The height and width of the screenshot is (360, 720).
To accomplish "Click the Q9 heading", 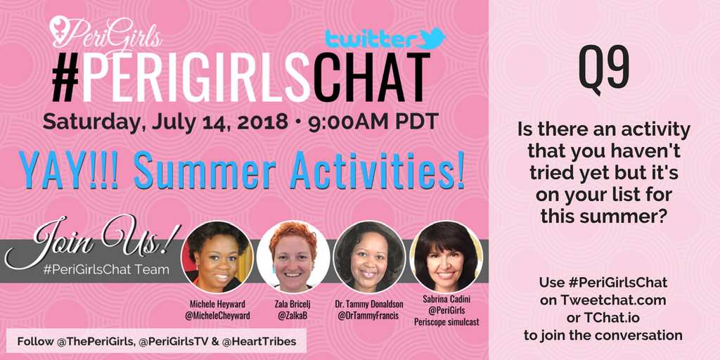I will [x=603, y=68].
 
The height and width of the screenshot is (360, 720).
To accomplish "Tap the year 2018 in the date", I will [x=255, y=120].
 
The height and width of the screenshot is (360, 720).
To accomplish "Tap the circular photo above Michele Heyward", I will [x=217, y=257].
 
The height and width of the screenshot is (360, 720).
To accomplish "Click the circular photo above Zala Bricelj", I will [x=292, y=257].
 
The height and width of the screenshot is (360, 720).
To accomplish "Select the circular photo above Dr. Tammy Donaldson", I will [x=369, y=257].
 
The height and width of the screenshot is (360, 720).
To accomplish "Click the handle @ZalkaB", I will [x=293, y=317].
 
